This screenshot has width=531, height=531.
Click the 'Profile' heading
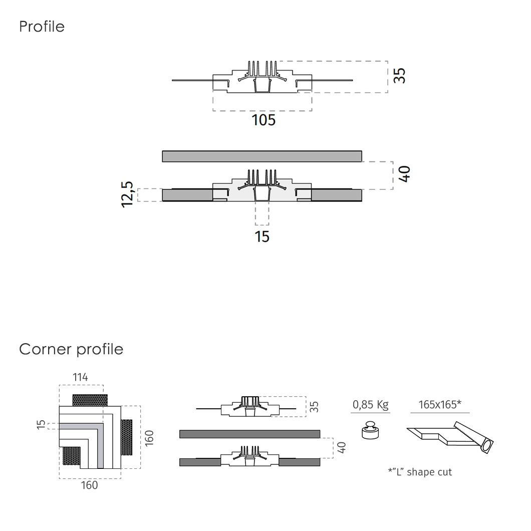coord(42,27)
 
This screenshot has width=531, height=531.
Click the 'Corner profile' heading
coord(71,349)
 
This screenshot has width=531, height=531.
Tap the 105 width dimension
coord(263,120)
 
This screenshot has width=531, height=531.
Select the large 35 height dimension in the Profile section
coord(399,76)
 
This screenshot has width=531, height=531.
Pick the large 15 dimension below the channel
coord(262,236)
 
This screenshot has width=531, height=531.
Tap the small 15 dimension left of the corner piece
coord(40,425)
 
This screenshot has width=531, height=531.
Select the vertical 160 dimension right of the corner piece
coord(149,437)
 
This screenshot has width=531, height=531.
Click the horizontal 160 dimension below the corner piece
coord(89,485)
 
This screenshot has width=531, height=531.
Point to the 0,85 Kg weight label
coord(370,405)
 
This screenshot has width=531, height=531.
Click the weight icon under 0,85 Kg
coord(370,430)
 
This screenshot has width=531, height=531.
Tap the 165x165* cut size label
coord(439,405)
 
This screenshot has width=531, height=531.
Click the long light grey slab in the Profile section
coord(262,156)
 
